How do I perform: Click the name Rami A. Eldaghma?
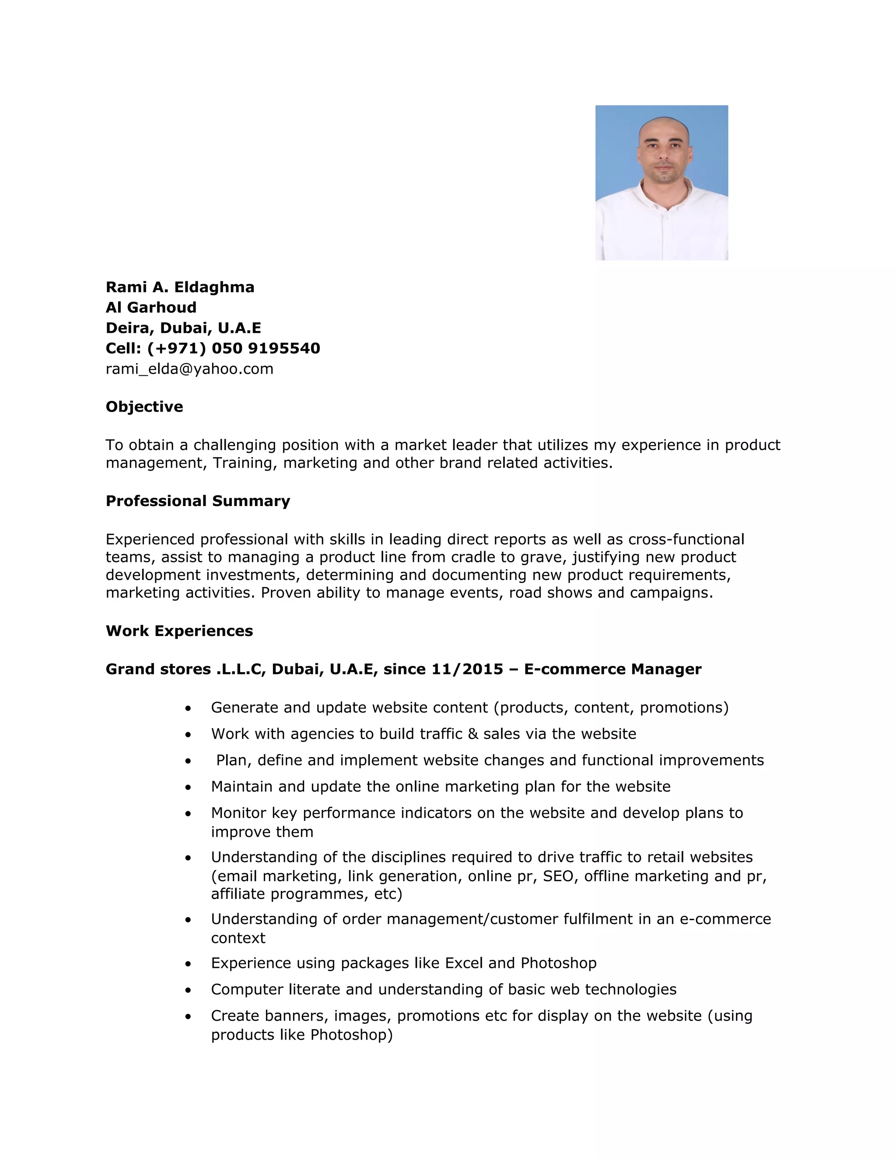(180, 287)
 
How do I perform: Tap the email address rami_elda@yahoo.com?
(189, 369)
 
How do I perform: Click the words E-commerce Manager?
(612, 669)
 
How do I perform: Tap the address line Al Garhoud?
(151, 307)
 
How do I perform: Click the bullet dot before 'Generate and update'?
(188, 709)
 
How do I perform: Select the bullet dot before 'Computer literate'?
(188, 990)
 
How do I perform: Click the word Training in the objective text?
(244, 463)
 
